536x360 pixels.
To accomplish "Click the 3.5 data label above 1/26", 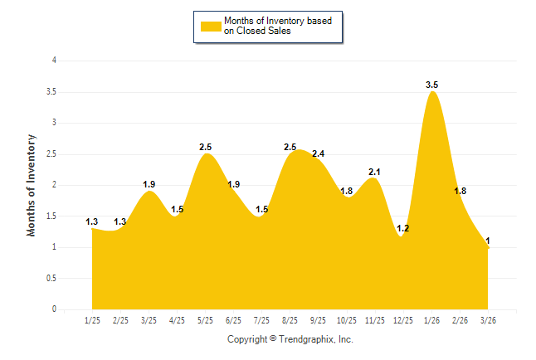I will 431,85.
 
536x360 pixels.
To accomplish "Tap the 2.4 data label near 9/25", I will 318,154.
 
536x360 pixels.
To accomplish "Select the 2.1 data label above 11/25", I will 374,173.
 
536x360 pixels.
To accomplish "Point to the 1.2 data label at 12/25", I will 403,228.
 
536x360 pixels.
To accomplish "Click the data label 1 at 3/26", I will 487,241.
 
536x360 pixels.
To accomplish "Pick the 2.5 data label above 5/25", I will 206,147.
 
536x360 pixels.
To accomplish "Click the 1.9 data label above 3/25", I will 149,185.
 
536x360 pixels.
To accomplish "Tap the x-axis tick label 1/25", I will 93,320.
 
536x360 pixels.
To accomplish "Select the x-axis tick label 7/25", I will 261,320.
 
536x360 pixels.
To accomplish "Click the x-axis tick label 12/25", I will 402,320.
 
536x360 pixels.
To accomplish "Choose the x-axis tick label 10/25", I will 346,320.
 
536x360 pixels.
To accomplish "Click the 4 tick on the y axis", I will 54,61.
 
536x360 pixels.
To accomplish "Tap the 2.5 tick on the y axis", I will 51,154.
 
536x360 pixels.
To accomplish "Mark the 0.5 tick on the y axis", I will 51,279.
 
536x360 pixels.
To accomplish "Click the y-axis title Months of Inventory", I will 32,185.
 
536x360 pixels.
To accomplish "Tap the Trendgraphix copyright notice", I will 290,340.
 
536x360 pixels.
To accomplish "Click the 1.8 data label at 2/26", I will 460,192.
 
